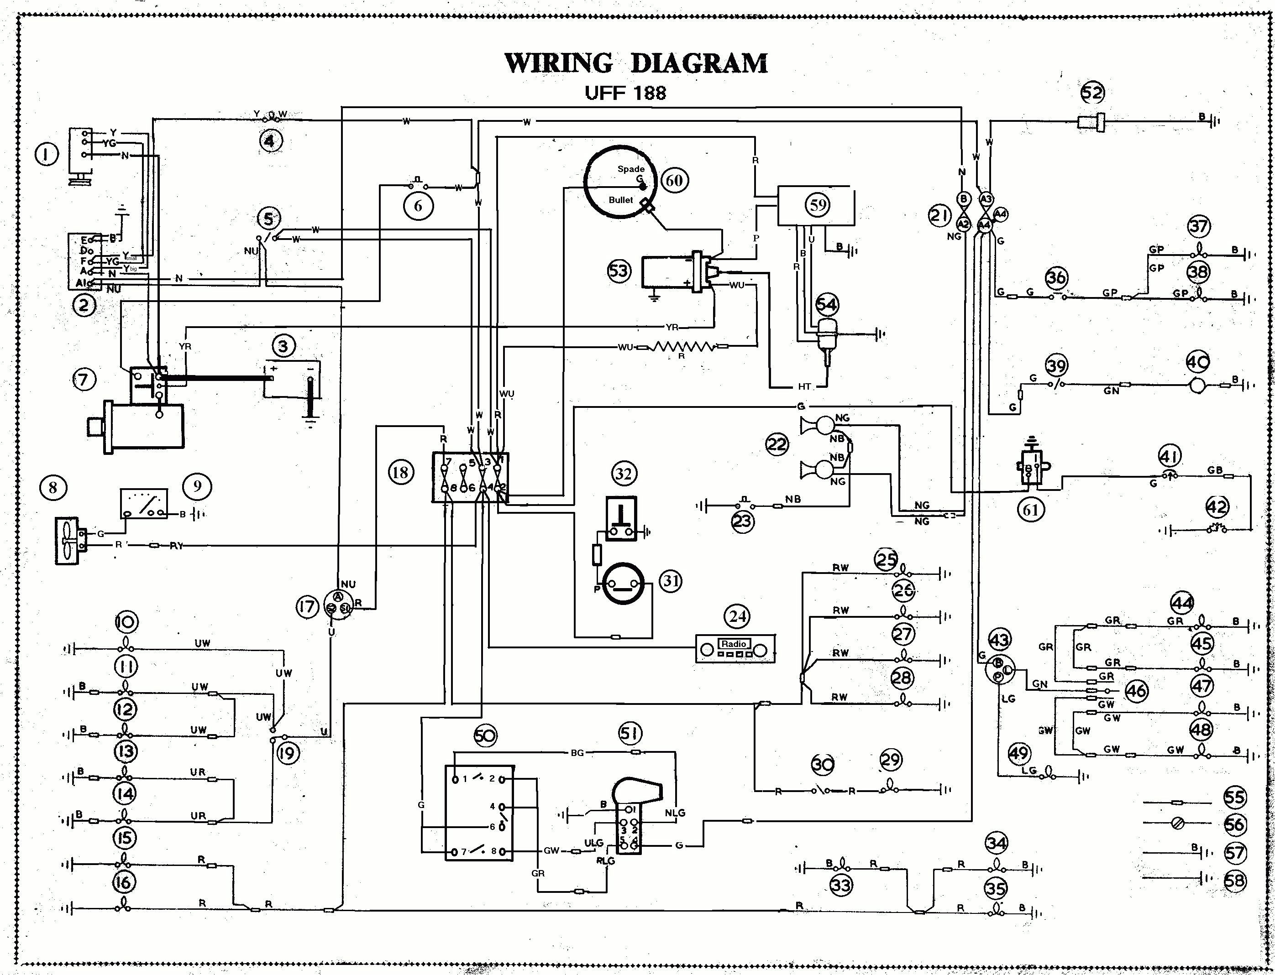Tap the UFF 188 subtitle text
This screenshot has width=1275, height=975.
click(x=625, y=93)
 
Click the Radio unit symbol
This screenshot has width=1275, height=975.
click(x=735, y=649)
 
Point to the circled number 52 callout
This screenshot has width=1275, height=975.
click(x=1092, y=92)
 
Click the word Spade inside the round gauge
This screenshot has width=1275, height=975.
click(x=630, y=169)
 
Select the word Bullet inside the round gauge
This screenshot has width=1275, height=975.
click(x=621, y=200)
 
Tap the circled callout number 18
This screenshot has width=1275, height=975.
click(x=400, y=472)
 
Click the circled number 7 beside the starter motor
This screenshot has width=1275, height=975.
click(x=84, y=380)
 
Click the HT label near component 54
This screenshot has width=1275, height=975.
click(x=804, y=386)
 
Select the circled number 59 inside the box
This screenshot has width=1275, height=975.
click(x=818, y=204)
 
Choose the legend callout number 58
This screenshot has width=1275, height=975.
click(x=1234, y=881)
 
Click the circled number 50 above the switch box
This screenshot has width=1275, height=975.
click(x=485, y=736)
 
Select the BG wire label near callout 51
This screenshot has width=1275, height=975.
click(x=577, y=753)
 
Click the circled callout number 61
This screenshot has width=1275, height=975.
click(x=1031, y=510)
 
